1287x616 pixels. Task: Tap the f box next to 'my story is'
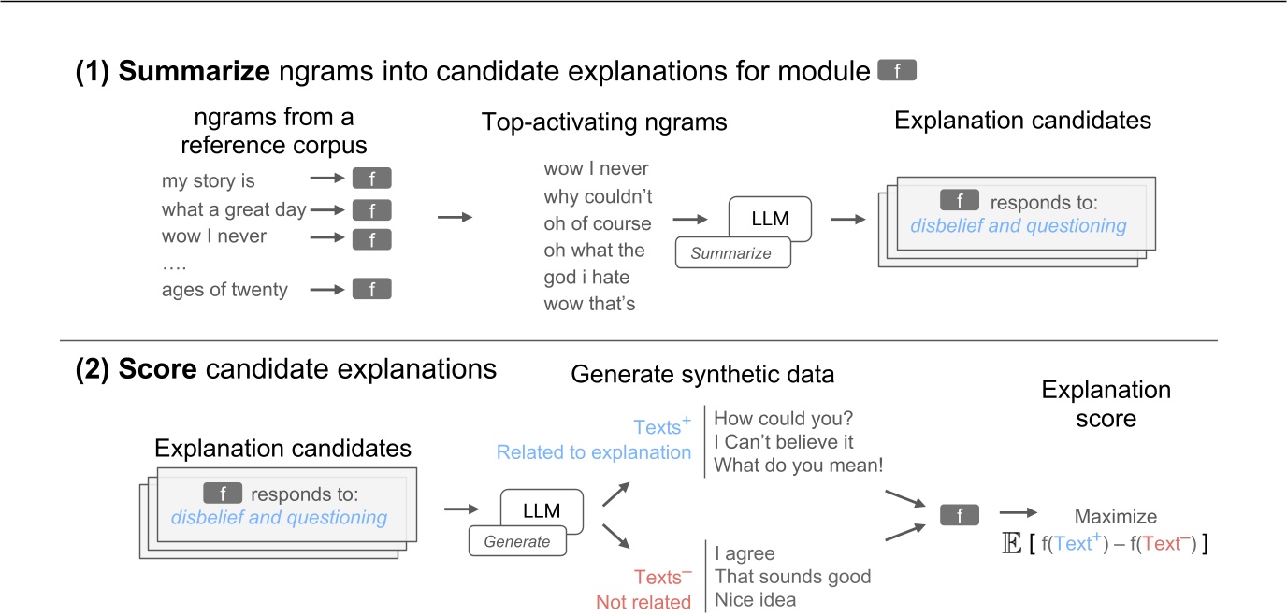pyautogui.click(x=371, y=180)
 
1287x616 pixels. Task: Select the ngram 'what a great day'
pyautogui.click(x=234, y=209)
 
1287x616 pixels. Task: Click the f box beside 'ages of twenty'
pyautogui.click(x=371, y=290)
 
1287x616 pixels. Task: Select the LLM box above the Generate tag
pyautogui.click(x=542, y=511)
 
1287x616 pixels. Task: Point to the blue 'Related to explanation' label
pyautogui.click(x=594, y=452)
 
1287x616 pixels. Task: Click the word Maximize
pyautogui.click(x=1115, y=516)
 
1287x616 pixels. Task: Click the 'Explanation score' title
pyautogui.click(x=1106, y=403)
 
